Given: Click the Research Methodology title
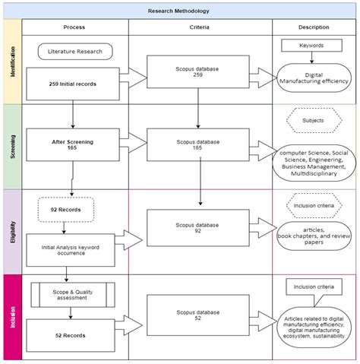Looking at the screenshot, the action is [x=178, y=11].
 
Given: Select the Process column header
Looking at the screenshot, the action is [x=74, y=27].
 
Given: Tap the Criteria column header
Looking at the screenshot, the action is [x=200, y=27].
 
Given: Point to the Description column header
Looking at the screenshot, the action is [x=314, y=27].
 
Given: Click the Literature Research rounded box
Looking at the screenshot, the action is [x=75, y=52].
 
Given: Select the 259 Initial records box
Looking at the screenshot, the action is [x=73, y=84].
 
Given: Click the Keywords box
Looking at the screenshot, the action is [x=311, y=46].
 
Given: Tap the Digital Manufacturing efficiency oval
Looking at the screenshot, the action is [x=314, y=78].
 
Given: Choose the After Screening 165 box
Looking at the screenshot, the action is [x=73, y=144].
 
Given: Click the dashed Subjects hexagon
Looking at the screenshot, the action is [x=314, y=121].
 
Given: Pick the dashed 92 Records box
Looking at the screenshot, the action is [x=66, y=210].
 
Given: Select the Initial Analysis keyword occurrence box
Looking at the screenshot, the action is [x=71, y=250].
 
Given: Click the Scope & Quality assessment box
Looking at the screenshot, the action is [x=73, y=295].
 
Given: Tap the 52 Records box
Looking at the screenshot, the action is [x=71, y=335].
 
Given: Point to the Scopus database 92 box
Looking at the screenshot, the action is [x=198, y=228].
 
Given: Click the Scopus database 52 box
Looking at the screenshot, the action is [x=198, y=315].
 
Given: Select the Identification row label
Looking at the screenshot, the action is [x=13, y=62].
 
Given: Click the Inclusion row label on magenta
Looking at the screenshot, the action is [x=13, y=317].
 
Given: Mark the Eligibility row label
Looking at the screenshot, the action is [x=13, y=232].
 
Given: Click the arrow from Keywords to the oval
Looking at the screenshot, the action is [x=311, y=58].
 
